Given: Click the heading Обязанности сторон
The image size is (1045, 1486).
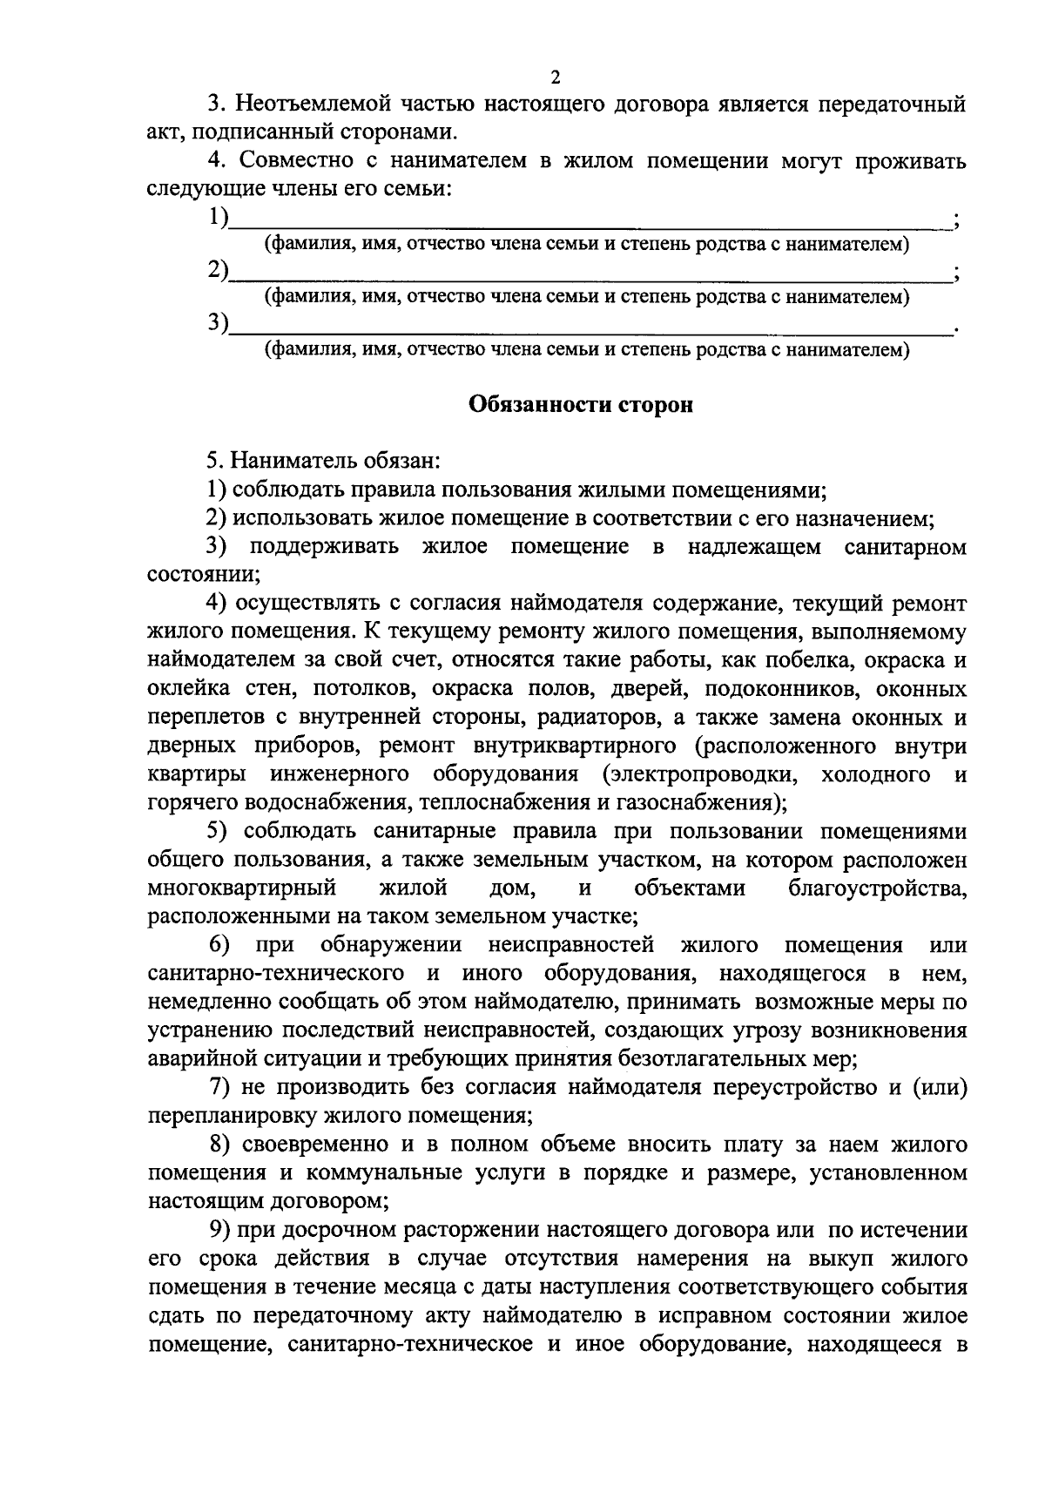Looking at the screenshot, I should click(x=581, y=405).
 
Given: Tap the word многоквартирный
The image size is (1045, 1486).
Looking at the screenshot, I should click(x=243, y=888).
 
